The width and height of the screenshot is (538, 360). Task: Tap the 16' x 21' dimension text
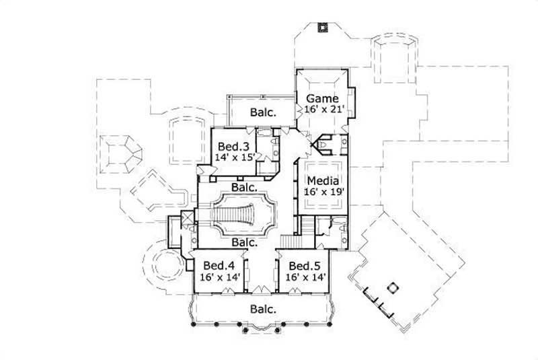click(x=323, y=110)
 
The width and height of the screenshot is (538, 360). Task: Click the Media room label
click(x=323, y=180)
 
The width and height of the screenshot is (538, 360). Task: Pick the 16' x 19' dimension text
click(x=323, y=191)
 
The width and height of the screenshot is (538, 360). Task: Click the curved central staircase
click(x=243, y=213)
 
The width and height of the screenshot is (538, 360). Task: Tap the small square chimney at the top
click(x=322, y=27)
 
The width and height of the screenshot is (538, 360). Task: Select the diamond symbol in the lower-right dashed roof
click(x=388, y=289)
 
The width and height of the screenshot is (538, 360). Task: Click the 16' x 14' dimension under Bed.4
click(x=213, y=276)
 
